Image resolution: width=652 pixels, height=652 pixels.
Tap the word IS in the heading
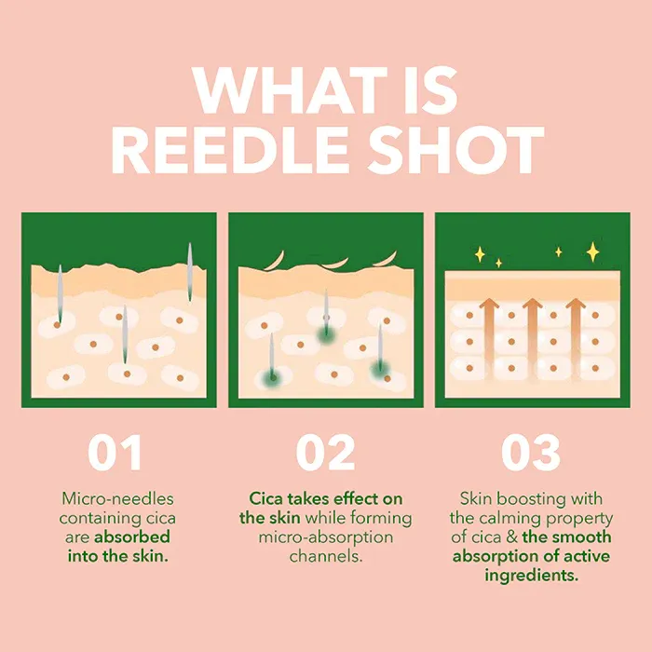(x=422, y=90)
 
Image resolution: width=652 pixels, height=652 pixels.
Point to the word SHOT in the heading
(x=466, y=150)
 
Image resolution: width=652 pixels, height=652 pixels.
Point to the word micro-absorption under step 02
(x=325, y=537)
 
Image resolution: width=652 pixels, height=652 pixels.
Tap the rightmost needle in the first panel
(x=189, y=272)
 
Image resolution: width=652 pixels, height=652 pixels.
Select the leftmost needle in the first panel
(x=60, y=296)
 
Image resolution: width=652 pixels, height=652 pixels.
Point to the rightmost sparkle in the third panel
(x=591, y=251)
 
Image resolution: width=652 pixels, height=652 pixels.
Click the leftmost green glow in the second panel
(x=271, y=375)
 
